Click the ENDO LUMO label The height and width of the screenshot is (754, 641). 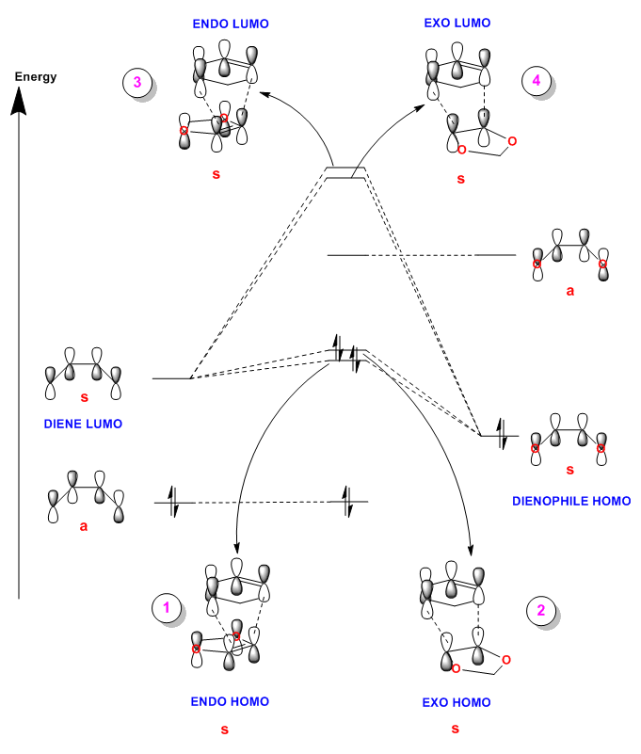231,24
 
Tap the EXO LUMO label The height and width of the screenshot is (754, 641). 457,24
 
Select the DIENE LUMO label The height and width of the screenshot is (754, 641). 83,424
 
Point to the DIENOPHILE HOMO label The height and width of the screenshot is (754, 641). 571,501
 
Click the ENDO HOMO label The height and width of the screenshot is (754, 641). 230,701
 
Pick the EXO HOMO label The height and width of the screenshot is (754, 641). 457,702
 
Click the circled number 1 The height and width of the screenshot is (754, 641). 167,608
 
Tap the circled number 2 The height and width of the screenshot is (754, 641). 541,610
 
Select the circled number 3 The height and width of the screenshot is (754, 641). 137,82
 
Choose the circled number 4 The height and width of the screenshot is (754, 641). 537,80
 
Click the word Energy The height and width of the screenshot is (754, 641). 36,77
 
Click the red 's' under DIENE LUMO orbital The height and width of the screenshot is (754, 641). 85,397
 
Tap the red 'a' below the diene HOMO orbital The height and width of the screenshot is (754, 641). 84,526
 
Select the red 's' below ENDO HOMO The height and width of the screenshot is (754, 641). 225,730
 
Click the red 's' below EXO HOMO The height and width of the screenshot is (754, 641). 456,729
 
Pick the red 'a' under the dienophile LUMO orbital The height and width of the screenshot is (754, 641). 570,291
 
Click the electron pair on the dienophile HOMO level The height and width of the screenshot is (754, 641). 501,435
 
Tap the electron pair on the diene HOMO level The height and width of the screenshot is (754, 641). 173,502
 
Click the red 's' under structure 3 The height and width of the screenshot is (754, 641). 216,174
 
